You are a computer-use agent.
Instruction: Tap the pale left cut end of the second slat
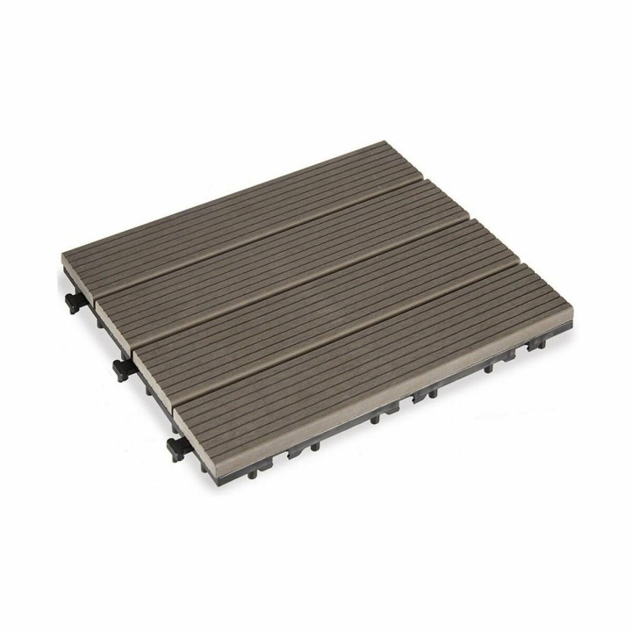click(111, 303)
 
